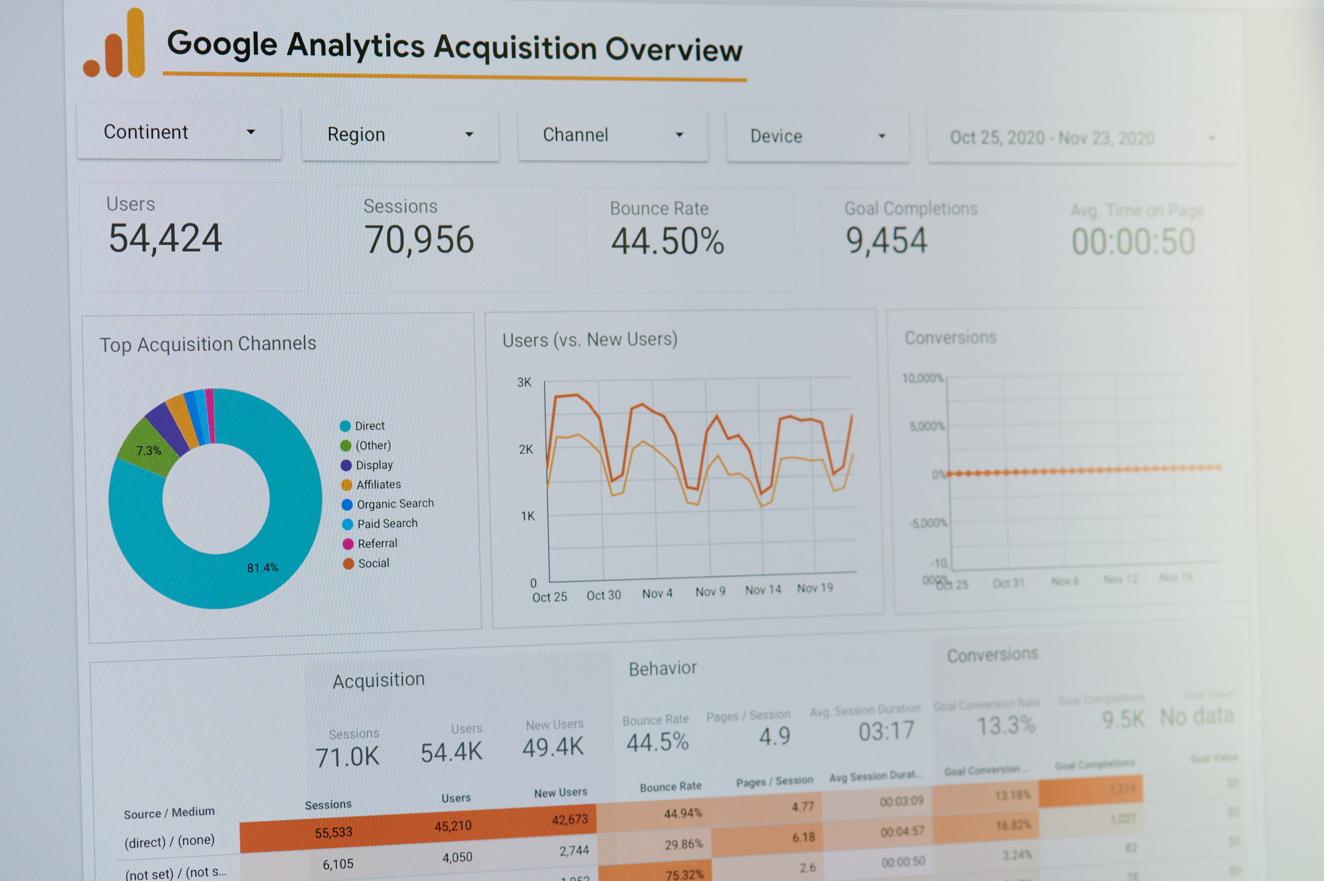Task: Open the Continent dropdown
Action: pos(178,132)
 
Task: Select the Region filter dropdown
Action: pos(400,135)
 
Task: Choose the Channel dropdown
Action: pos(612,136)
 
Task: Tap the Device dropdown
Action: pos(817,137)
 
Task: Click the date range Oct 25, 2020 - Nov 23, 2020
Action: pos(1051,138)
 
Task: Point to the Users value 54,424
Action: pos(165,238)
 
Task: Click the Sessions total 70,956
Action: pos(419,240)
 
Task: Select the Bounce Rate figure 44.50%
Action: pos(667,242)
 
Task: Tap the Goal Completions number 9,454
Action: pos(886,241)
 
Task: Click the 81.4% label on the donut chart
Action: pos(263,568)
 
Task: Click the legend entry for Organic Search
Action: pos(395,504)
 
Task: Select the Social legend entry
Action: pos(373,563)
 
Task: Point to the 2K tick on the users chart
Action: pos(526,450)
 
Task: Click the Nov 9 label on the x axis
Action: pos(710,592)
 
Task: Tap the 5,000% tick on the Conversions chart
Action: pos(927,426)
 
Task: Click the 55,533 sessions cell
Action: pos(333,832)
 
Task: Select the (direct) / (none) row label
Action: pos(169,841)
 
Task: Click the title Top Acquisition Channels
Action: pos(208,344)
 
